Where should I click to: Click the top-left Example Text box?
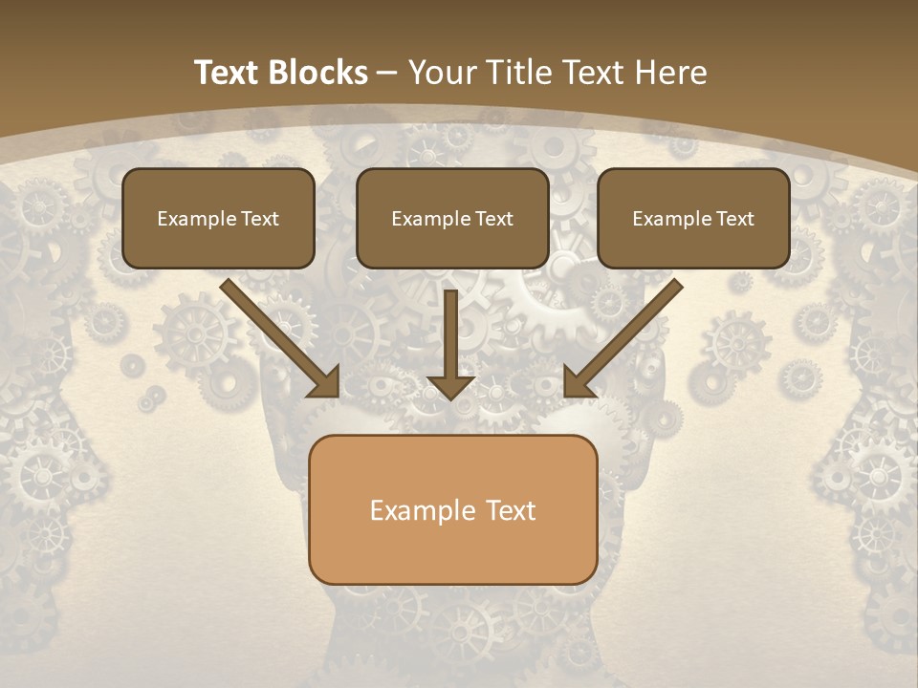218,218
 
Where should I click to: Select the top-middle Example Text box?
452,218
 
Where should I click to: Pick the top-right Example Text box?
693,218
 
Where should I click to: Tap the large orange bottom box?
452,509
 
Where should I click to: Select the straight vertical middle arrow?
451,334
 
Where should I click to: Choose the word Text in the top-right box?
734,219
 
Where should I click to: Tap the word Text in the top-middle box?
493,219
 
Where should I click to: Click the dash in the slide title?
387,74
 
